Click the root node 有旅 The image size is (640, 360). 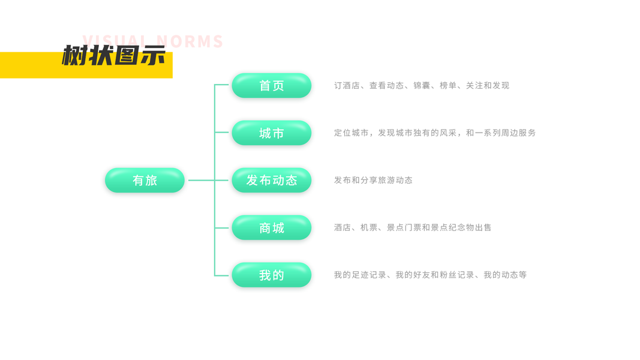(145, 180)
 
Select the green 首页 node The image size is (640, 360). (271, 86)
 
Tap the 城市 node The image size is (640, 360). (271, 133)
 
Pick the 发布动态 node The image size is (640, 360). (271, 180)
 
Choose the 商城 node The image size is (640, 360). (271, 227)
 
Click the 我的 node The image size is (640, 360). (271, 275)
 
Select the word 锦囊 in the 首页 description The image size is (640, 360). (422, 86)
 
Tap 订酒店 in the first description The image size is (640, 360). (347, 86)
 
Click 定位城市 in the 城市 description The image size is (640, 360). (351, 133)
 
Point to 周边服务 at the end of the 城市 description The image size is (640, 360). (519, 133)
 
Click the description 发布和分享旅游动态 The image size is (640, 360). (373, 180)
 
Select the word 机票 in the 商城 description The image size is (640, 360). (369, 227)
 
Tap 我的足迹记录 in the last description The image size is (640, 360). (360, 275)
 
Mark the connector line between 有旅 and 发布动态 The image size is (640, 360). (201, 180)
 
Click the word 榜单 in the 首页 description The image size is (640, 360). (448, 86)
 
